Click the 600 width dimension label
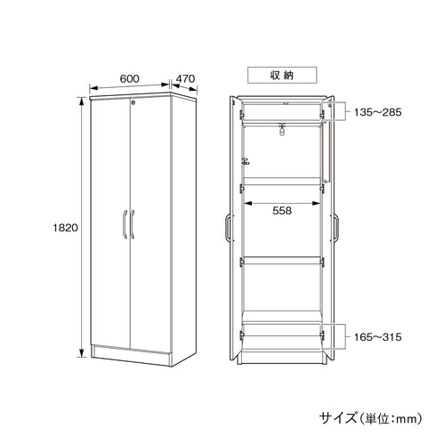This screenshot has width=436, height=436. (x=129, y=78)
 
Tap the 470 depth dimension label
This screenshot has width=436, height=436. (x=185, y=78)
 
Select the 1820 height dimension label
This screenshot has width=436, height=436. (x=65, y=228)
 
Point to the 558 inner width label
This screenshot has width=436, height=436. (x=282, y=211)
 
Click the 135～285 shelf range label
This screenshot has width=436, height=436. (x=377, y=112)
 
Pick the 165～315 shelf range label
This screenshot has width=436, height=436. (x=377, y=337)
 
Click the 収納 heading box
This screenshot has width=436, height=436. (x=282, y=75)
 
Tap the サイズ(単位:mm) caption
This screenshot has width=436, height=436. (x=370, y=418)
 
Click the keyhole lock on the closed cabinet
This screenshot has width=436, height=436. (x=133, y=102)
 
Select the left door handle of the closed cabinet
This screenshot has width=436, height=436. (x=125, y=224)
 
